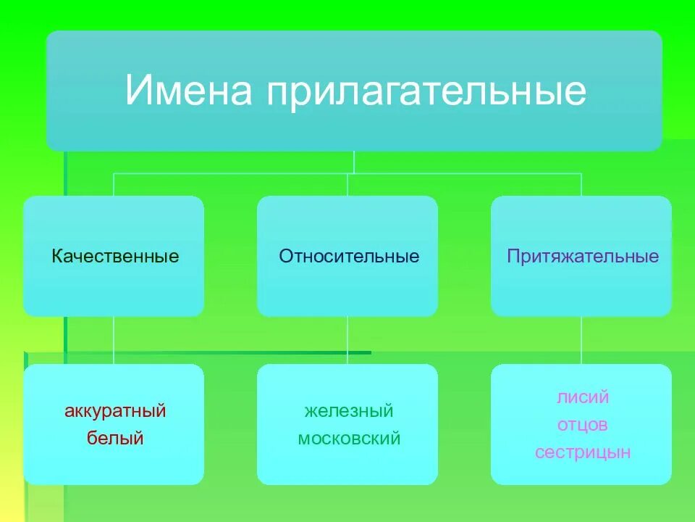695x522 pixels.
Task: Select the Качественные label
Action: [115, 257]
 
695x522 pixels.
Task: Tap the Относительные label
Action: [349, 257]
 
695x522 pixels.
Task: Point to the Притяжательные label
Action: [582, 257]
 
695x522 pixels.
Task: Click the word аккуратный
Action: [115, 412]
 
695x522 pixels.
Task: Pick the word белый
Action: [115, 438]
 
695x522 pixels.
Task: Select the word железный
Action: [348, 412]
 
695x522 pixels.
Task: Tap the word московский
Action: [348, 439]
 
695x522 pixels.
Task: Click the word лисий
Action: [582, 397]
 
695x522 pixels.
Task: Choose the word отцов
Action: [582, 425]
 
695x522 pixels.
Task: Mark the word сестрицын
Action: [582, 452]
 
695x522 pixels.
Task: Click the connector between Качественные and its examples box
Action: [114, 340]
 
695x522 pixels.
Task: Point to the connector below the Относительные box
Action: [347, 340]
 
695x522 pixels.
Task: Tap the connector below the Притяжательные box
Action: [581, 340]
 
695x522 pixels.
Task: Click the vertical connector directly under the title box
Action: [354, 162]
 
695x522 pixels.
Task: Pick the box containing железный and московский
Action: [347, 464]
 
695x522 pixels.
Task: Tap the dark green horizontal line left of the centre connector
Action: [217, 353]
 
